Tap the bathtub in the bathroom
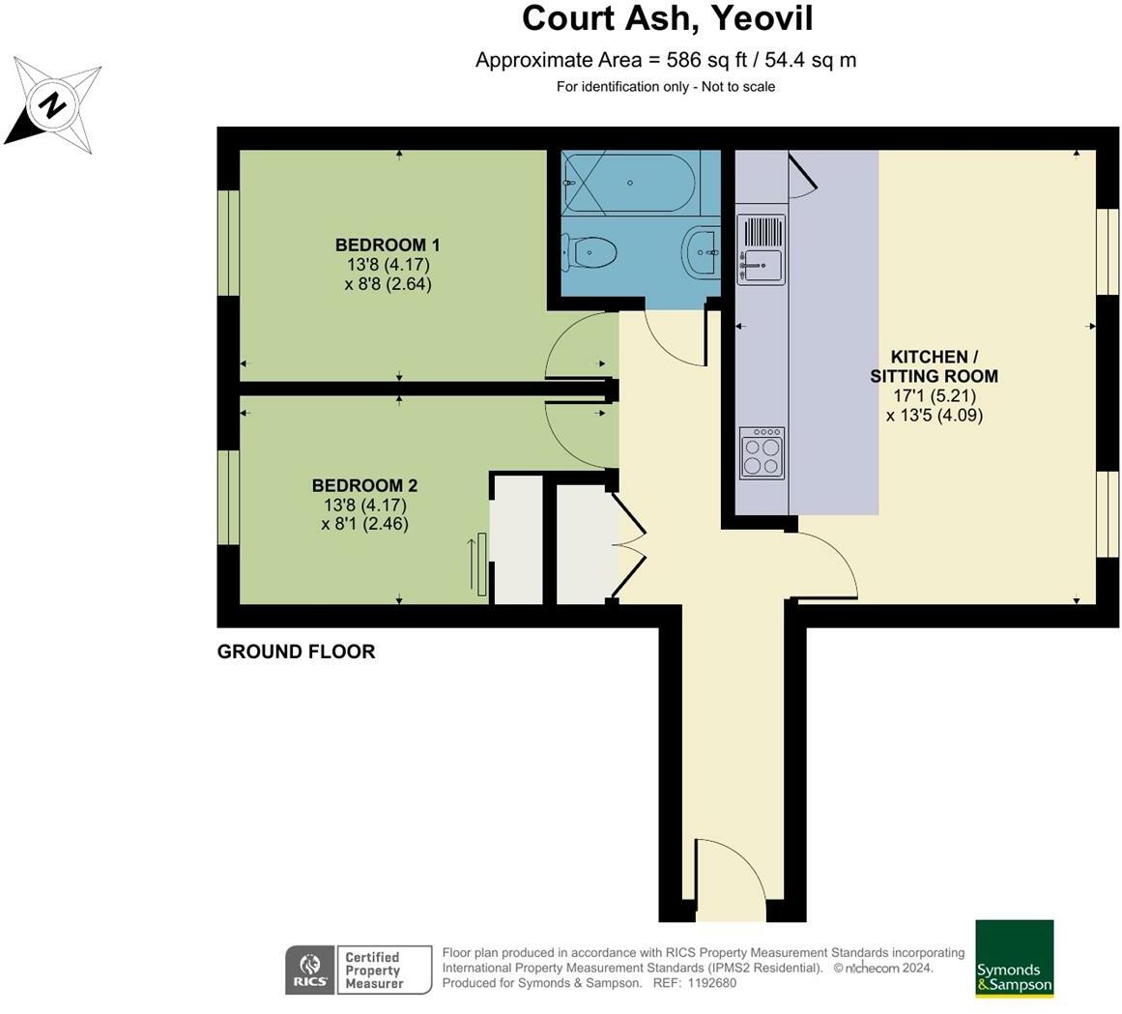pos(628,182)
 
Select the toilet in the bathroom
pos(592,253)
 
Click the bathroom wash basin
pos(700,252)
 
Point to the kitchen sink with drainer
pos(761,249)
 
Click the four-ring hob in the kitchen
pos(761,452)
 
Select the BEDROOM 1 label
pos(388,245)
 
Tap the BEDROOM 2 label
pos(364,485)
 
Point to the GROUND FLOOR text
pos(296,652)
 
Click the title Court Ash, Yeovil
pos(667,18)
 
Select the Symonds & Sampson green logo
pos(1014,958)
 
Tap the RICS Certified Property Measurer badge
pos(358,970)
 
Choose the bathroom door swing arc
pos(675,338)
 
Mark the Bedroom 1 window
pos(228,242)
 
